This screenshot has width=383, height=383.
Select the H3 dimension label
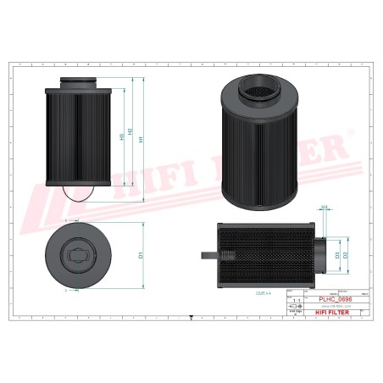click(x=121, y=141)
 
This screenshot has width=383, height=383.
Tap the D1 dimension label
click(x=139, y=252)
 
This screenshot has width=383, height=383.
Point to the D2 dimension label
click(x=346, y=254)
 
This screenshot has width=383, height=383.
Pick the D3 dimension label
click(x=336, y=254)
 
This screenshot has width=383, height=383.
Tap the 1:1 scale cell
click(x=296, y=300)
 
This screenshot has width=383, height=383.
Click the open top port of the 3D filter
click(x=257, y=88)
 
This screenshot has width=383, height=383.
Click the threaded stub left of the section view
click(x=208, y=253)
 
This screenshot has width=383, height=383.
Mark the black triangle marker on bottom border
click(x=191, y=322)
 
